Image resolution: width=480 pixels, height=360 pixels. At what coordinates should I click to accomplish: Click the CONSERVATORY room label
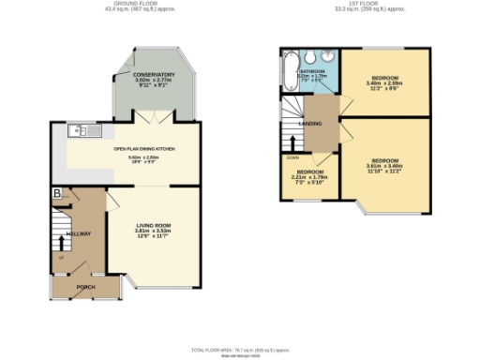point(154,75)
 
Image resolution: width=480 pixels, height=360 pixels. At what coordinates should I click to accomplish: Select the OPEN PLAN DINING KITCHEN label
point(144,148)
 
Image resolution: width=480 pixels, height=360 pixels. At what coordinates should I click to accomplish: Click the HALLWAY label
point(78,233)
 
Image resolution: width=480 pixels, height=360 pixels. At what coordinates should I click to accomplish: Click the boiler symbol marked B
point(56,193)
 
